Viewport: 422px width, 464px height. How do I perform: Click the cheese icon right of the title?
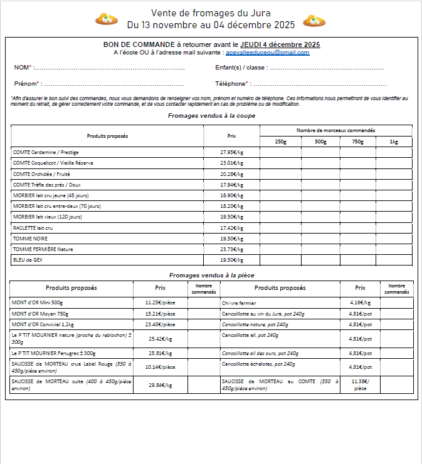[x=314, y=21]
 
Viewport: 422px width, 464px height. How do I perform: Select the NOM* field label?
[x=23, y=68]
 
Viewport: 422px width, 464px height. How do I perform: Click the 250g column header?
[x=280, y=142]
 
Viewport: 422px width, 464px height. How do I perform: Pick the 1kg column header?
[x=394, y=142]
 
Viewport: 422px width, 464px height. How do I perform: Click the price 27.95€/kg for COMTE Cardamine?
[x=231, y=152]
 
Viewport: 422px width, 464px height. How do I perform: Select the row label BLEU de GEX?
[x=27, y=259]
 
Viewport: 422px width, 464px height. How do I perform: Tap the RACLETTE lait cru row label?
[x=33, y=227]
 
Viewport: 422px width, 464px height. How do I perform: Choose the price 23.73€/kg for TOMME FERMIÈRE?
[x=231, y=249]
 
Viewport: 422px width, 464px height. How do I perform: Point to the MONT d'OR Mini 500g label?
[x=38, y=302]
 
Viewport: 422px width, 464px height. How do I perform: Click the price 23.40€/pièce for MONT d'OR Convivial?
[x=160, y=324]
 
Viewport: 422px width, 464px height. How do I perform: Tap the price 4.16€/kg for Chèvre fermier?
[x=360, y=302]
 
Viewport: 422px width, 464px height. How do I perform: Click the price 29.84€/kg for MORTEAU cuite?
[x=160, y=385]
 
